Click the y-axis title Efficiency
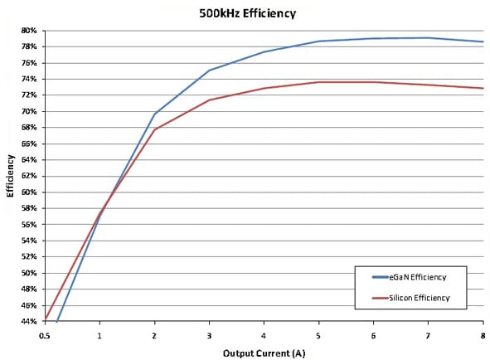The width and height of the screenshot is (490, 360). click(11, 176)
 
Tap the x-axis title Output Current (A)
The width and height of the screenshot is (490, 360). click(263, 353)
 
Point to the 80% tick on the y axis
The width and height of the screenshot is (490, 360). click(28, 31)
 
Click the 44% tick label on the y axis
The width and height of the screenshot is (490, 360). click(28, 322)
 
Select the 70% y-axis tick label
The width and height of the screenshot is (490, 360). click(28, 111)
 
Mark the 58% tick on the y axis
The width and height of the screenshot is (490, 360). click(28, 208)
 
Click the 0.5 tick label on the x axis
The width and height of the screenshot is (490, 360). click(45, 336)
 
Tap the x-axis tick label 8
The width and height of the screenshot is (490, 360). click(483, 336)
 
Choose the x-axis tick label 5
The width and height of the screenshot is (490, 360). click(318, 336)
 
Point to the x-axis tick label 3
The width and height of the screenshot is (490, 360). click(209, 336)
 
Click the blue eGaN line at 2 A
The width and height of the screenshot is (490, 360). click(154, 114)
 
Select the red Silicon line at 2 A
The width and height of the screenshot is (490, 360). click(154, 129)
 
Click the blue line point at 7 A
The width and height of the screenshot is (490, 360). click(428, 37)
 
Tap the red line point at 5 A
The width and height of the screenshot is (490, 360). click(318, 82)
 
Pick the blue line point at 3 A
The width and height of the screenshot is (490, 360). click(209, 71)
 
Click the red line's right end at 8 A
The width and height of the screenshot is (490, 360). click(483, 88)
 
